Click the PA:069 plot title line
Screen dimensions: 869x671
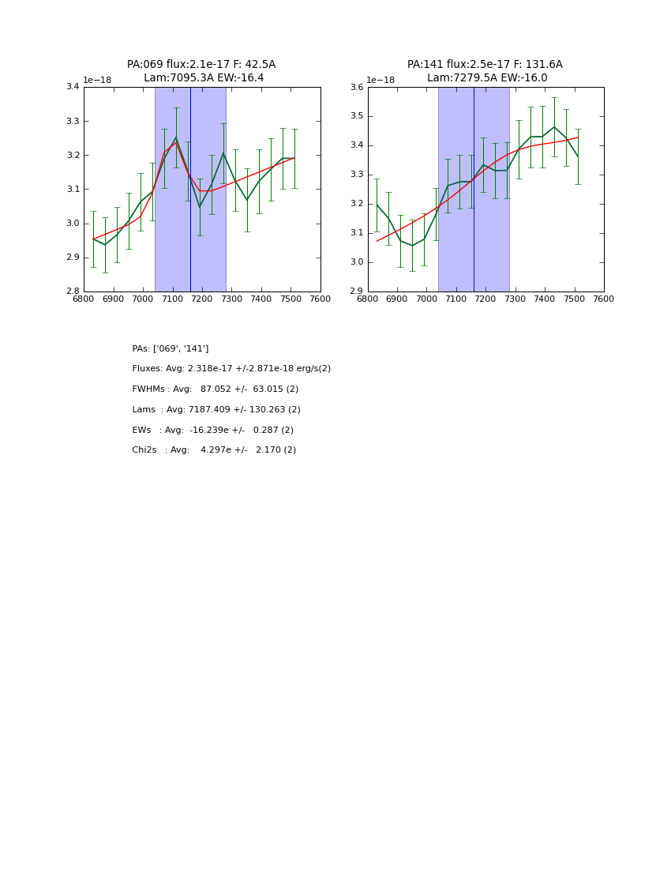pyautogui.click(x=201, y=65)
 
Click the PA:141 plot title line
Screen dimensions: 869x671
pyautogui.click(x=485, y=65)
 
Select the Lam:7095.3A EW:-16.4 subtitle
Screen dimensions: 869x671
pyautogui.click(x=204, y=78)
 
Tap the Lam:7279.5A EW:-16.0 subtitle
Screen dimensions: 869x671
pyautogui.click(x=487, y=78)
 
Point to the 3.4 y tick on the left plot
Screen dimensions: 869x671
pyautogui.click(x=72, y=87)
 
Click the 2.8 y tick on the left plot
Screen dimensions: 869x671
pyautogui.click(x=72, y=292)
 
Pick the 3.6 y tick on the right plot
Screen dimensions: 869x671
pyautogui.click(x=356, y=87)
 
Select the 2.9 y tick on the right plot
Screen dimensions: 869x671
pyautogui.click(x=356, y=292)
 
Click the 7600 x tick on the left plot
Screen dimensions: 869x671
pyautogui.click(x=320, y=299)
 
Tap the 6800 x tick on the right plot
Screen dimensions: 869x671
pyautogui.click(x=368, y=299)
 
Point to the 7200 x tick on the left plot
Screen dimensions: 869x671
pyautogui.click(x=202, y=299)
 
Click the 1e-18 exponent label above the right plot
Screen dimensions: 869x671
pyautogui.click(x=380, y=81)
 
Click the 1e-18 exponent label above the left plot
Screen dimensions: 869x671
pyautogui.click(x=97, y=81)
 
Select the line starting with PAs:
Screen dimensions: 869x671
pyautogui.click(x=171, y=349)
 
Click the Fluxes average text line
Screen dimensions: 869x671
pyautogui.click(x=231, y=369)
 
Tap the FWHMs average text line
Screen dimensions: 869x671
pyautogui.click(x=216, y=389)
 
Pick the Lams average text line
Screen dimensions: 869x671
pyautogui.click(x=216, y=410)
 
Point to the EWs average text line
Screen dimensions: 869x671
pyautogui.click(x=213, y=431)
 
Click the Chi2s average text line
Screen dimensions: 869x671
pyautogui.click(x=214, y=450)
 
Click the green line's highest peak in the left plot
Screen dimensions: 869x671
pyautogui.click(x=176, y=137)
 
